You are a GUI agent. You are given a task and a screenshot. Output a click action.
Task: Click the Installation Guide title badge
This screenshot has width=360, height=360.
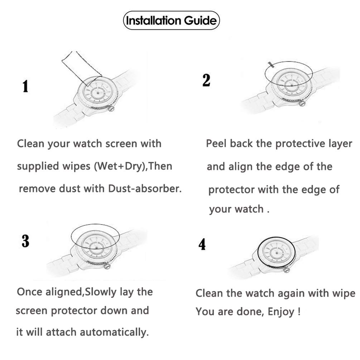(171, 20)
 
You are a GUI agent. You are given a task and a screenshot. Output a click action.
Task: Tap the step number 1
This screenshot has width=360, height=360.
(25, 87)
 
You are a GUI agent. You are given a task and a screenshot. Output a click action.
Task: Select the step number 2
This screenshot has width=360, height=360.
(206, 80)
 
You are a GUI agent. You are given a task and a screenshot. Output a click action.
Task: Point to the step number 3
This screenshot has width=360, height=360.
(25, 241)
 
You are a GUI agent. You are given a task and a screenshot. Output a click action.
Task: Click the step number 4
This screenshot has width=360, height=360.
(202, 245)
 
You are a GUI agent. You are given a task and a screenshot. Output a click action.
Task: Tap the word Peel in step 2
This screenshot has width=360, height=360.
(216, 144)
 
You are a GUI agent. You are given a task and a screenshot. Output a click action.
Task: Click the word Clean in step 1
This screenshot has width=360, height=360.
(30, 144)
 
